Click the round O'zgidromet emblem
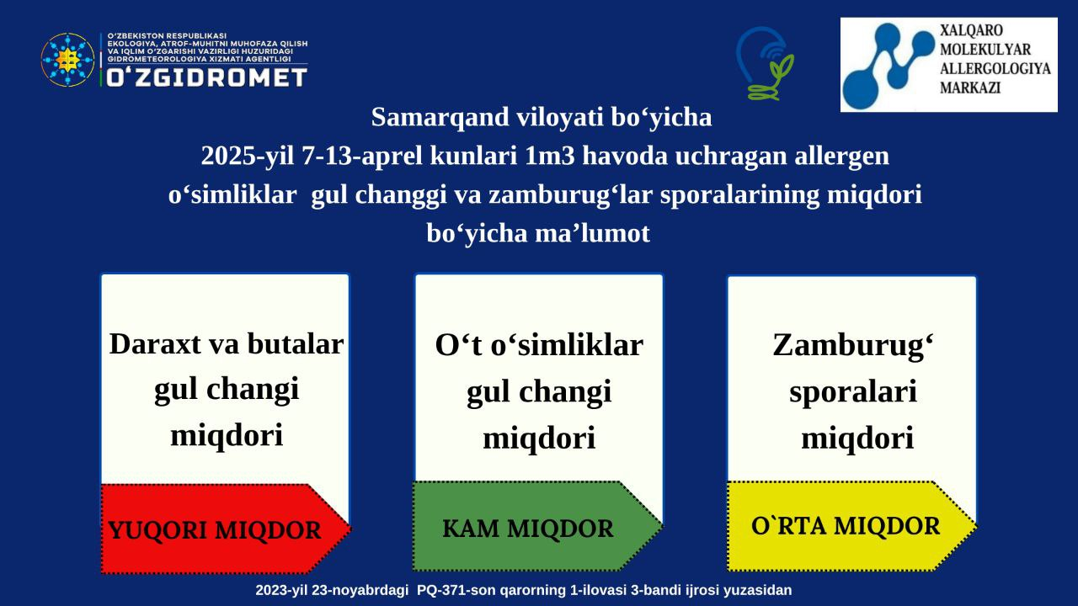(x=67, y=60)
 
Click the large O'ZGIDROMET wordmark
(x=206, y=77)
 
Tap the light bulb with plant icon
(x=764, y=63)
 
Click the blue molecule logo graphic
(x=888, y=64)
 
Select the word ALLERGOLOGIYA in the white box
(x=995, y=68)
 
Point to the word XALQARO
(x=971, y=30)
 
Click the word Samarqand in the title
(x=440, y=117)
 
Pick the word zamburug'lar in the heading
(x=571, y=195)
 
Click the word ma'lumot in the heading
(x=592, y=233)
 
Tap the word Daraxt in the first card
(x=155, y=344)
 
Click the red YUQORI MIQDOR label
(x=214, y=530)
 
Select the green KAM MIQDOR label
(x=528, y=528)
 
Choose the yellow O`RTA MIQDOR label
(x=846, y=526)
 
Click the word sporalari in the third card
(x=853, y=391)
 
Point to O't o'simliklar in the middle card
(x=539, y=345)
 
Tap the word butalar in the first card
(x=296, y=344)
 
